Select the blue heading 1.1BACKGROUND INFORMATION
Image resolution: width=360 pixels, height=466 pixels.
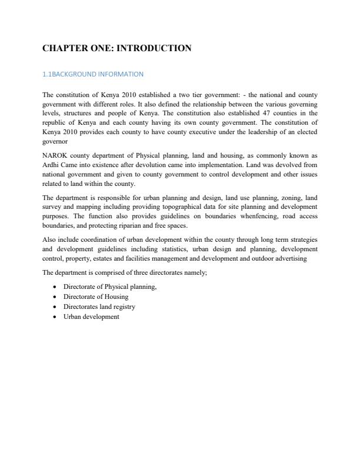[x=93, y=74]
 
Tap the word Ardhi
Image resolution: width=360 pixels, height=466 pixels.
[x=51, y=164]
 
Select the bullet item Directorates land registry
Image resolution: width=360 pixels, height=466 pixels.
[x=99, y=307]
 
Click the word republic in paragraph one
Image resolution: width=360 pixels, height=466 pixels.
[x=54, y=122]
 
